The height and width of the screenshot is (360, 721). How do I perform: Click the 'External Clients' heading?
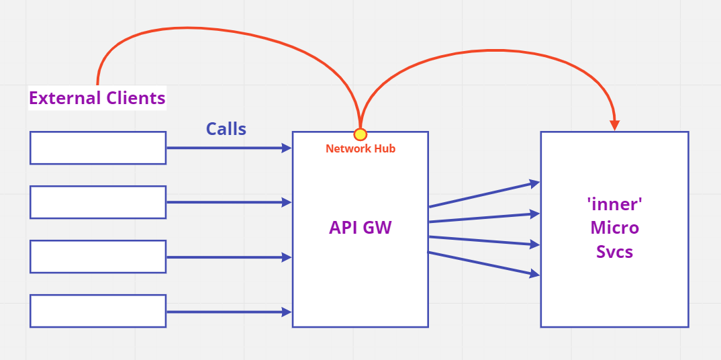[97, 98]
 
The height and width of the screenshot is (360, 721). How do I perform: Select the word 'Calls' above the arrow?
[226, 129]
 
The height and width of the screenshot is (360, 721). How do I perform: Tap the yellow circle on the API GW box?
[360, 134]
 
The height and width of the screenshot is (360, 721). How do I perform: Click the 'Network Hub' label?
[360, 148]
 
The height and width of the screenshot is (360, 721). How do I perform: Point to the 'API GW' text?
[360, 228]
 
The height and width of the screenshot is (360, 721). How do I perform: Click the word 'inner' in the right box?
[614, 204]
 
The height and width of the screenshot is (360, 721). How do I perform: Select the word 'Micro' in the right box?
[614, 228]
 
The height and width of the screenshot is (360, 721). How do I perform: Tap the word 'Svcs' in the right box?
[614, 252]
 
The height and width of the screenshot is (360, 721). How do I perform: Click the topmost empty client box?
[98, 148]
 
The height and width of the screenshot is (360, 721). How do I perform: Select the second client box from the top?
[98, 202]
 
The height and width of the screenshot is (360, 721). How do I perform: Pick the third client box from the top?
[98, 257]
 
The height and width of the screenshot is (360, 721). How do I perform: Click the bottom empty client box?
[98, 311]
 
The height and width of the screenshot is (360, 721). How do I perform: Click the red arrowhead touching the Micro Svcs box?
[614, 125]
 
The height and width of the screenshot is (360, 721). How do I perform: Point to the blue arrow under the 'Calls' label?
[228, 148]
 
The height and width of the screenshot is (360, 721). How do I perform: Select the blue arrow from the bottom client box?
[228, 312]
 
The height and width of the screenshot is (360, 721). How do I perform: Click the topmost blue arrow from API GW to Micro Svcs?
[483, 194]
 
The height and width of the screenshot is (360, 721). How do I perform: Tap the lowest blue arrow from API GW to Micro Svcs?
[483, 263]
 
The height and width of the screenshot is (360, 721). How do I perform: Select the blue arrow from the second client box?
[228, 202]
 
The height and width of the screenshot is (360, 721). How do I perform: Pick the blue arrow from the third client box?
[228, 257]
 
